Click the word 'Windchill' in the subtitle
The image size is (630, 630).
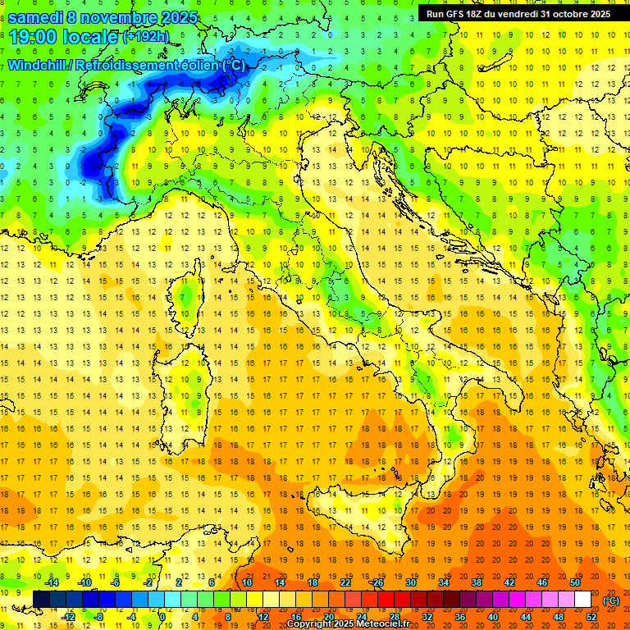(x=38, y=65)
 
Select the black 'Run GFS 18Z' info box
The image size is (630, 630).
(x=518, y=13)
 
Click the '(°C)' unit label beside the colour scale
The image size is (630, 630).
(x=611, y=600)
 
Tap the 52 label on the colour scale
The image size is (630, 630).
(x=591, y=617)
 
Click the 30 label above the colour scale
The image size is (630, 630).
(x=411, y=582)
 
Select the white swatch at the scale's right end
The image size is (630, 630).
(x=583, y=600)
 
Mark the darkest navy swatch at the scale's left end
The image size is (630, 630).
(x=41, y=600)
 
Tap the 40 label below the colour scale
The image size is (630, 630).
(x=493, y=617)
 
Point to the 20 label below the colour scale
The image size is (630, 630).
(x=328, y=617)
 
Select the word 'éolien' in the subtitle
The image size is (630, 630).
(x=197, y=65)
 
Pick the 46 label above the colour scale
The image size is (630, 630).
(x=542, y=582)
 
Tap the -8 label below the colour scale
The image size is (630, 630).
(x=98, y=617)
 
